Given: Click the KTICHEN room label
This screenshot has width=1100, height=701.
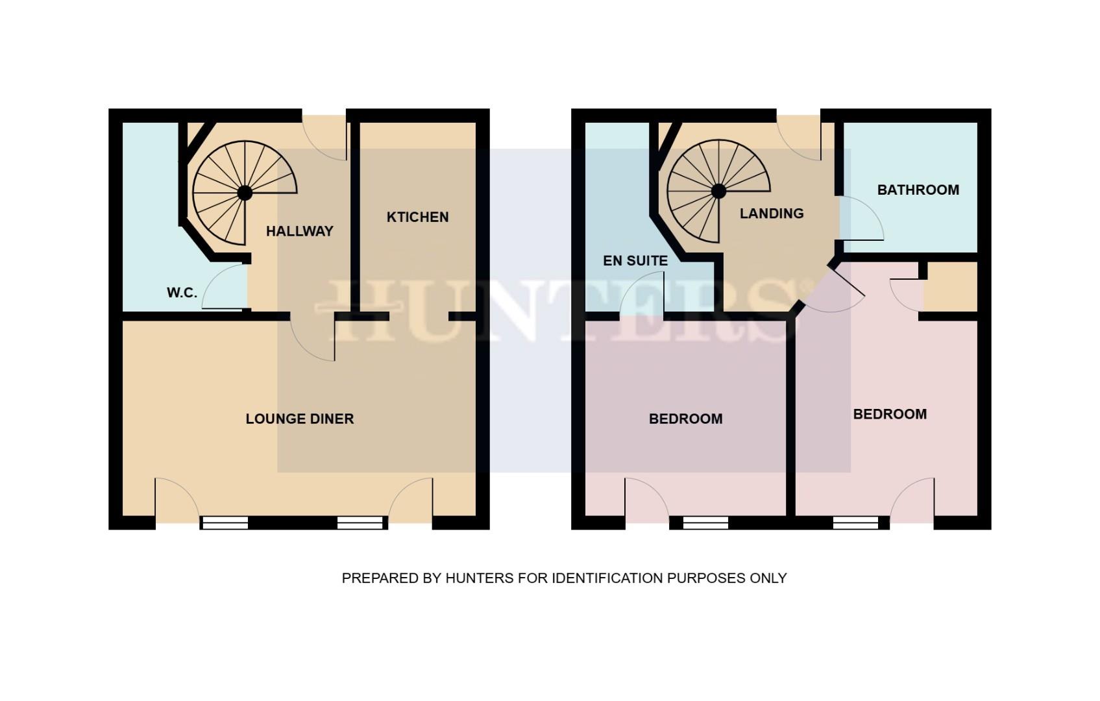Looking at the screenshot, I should (x=417, y=217).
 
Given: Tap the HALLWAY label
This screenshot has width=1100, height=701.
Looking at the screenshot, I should (x=299, y=231).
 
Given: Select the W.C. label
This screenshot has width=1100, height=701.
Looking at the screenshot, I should (x=182, y=293).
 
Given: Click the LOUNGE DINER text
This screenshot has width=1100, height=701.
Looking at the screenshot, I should (x=299, y=419).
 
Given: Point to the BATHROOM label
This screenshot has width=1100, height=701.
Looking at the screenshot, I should (x=918, y=190).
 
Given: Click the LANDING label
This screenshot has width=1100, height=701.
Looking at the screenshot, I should (x=772, y=213).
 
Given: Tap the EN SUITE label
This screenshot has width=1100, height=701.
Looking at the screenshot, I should (x=635, y=260).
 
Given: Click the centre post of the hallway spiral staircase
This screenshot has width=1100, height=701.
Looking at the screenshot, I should (x=245, y=193).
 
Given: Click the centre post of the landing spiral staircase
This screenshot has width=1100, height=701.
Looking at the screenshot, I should (x=718, y=191).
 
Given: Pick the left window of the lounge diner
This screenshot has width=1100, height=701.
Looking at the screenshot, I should (x=225, y=523).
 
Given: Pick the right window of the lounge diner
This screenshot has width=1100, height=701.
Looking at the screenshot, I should (x=360, y=523).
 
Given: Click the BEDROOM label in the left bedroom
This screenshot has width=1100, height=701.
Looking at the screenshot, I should (x=685, y=419).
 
